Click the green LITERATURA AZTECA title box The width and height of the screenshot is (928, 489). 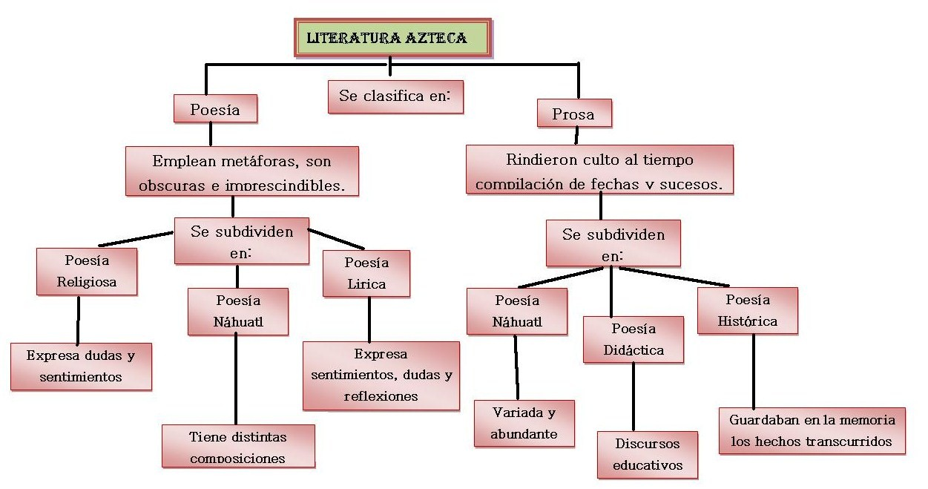point(392,38)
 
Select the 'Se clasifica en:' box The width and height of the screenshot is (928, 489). point(395,96)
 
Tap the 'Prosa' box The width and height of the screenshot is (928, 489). point(574,113)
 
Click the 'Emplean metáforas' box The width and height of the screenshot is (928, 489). point(242,171)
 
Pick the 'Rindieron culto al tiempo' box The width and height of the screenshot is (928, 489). point(599,169)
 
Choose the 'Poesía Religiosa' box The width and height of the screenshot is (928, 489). point(87,272)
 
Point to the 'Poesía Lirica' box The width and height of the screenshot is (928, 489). point(366,274)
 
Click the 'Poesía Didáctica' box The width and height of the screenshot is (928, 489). point(634,339)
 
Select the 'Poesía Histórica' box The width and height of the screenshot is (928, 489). point(748,310)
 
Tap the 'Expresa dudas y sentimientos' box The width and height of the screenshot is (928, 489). point(81,367)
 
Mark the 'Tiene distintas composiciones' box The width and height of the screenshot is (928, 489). point(238,446)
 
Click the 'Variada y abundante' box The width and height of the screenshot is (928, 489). point(524,423)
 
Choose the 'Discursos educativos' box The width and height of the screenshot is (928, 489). point(648,455)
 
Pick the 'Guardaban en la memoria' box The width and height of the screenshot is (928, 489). point(812,430)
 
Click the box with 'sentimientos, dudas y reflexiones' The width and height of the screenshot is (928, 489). point(381,376)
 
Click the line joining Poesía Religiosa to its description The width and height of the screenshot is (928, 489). point(78,320)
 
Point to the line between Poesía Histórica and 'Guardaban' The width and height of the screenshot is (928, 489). point(753,371)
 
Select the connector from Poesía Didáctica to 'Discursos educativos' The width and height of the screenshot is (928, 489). point(633,397)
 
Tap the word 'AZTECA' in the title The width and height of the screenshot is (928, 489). point(436,38)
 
